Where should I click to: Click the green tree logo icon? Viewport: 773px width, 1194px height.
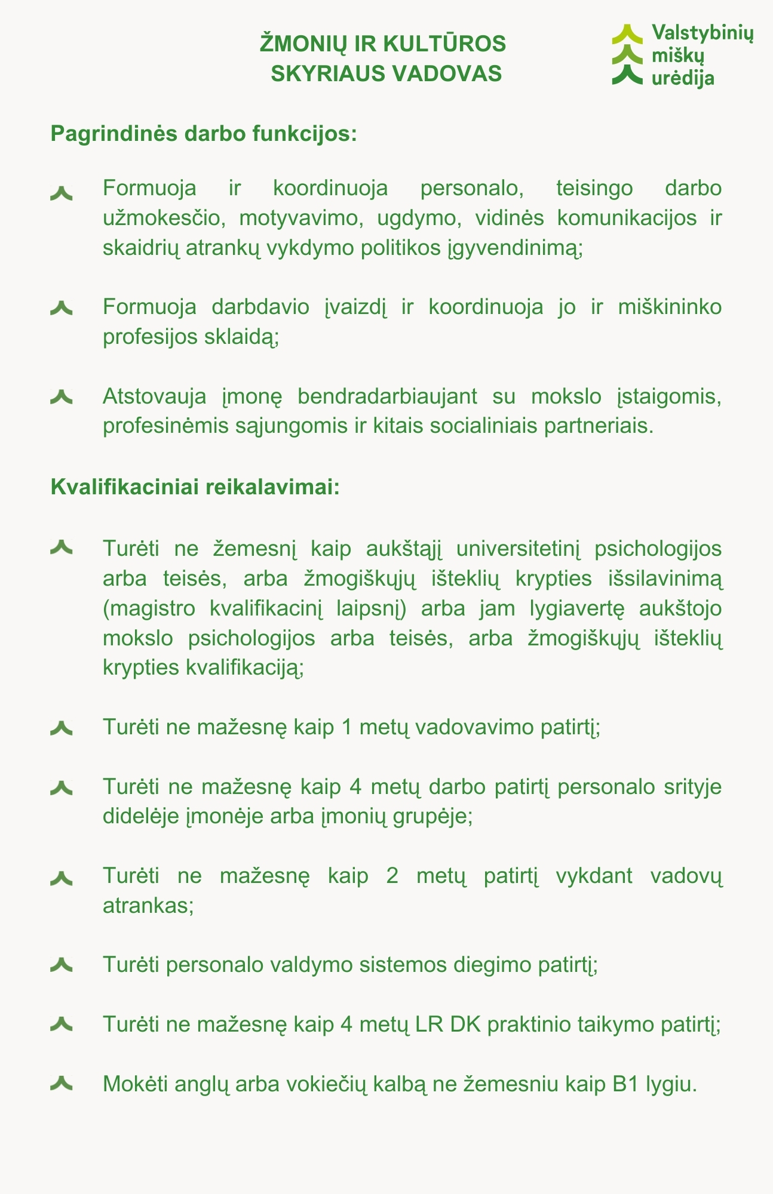[627, 54]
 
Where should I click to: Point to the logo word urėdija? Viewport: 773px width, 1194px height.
[683, 77]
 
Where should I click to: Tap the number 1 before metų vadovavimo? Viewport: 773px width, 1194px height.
[342, 727]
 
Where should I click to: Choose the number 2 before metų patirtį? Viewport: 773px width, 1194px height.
[392, 876]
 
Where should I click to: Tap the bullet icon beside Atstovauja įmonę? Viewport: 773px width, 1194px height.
[62, 396]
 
